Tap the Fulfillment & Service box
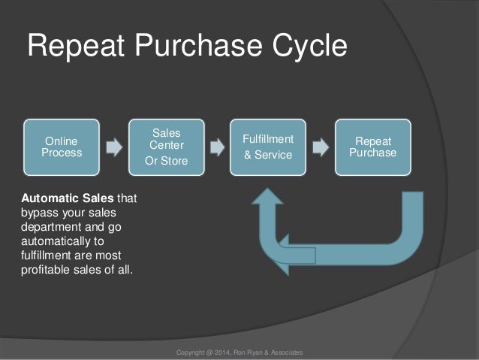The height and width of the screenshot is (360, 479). (x=267, y=147)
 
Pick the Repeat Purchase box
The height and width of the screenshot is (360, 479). (x=372, y=147)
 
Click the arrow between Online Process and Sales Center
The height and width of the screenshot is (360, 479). (x=113, y=147)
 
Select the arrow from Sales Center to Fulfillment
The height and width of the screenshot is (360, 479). (x=216, y=147)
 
